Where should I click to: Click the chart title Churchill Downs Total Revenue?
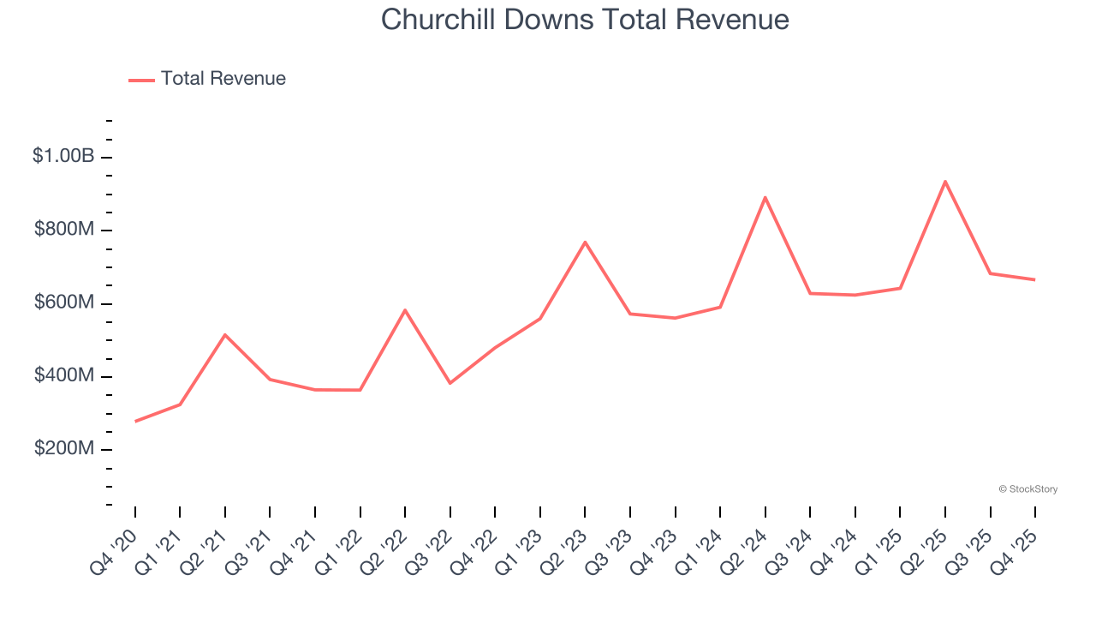click(x=585, y=19)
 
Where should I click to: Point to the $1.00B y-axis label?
click(x=63, y=156)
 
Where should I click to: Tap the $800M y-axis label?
click(x=64, y=230)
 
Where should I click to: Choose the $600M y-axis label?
click(x=64, y=303)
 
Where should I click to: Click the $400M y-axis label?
click(x=64, y=375)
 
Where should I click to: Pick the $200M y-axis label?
click(x=64, y=448)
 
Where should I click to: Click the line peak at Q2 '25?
click(x=945, y=182)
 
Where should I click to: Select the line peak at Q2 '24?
click(x=765, y=198)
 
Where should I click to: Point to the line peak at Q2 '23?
click(x=585, y=243)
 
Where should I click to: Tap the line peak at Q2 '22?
click(x=405, y=310)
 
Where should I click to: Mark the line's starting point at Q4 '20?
click(x=135, y=421)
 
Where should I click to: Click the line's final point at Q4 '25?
click(x=1035, y=279)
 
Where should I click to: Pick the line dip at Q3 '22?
click(x=450, y=383)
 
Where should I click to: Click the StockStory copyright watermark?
click(x=1027, y=489)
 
